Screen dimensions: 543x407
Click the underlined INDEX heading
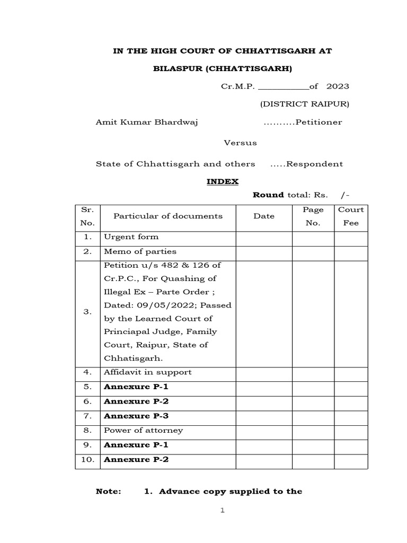pos(223,181)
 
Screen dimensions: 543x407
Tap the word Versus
pos(240,143)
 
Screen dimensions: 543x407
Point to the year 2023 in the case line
pos(338,86)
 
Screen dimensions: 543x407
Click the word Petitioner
pos(318,122)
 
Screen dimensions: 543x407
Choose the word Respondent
pos(314,164)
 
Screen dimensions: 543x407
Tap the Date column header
pos(264,216)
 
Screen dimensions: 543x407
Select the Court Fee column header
pos(351,216)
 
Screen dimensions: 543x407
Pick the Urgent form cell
pos(131,237)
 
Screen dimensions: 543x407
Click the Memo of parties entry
pos(140,251)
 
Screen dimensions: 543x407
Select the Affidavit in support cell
pos(147,372)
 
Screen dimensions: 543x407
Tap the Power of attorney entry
pos(143,430)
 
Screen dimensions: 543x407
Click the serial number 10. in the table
pos(87,460)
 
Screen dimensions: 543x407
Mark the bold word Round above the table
pos(268,195)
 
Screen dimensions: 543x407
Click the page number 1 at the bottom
pos(223,511)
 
